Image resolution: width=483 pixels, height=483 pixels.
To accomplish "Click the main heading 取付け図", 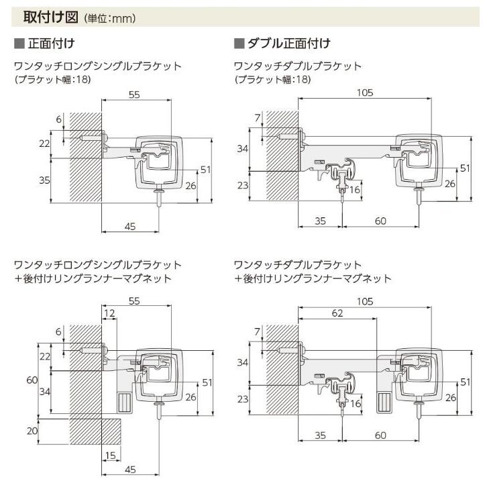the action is pos(50,17).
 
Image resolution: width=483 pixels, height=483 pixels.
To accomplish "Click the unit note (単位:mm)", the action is pos(109,19).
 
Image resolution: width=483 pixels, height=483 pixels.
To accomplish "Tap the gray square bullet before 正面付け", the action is pos(19,44).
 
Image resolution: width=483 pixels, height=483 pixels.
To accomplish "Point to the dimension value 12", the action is pos(109,313).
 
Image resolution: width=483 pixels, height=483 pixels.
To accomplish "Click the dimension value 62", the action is pos(337,313).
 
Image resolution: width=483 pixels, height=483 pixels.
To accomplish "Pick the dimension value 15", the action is pos(110,455).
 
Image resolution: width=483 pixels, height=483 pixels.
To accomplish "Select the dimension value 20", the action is pos(32,431).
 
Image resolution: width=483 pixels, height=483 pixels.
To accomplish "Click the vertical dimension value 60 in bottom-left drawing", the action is pos(32,380).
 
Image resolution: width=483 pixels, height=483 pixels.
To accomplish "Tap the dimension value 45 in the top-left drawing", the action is pos(130,227).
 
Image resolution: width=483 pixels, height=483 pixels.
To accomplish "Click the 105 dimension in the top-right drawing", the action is pos(365,93).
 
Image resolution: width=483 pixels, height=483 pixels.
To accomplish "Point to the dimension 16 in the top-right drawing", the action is pos(355,189).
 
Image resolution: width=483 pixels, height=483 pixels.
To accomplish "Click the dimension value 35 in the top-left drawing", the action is pos(44,180).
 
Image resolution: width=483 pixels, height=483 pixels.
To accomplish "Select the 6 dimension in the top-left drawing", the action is pos(59,119).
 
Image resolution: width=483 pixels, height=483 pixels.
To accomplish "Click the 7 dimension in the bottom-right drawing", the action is pos(258,331).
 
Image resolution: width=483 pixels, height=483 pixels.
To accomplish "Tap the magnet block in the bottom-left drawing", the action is pos(125,402).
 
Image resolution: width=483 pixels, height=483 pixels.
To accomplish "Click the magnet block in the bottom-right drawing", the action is pos(384,402).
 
